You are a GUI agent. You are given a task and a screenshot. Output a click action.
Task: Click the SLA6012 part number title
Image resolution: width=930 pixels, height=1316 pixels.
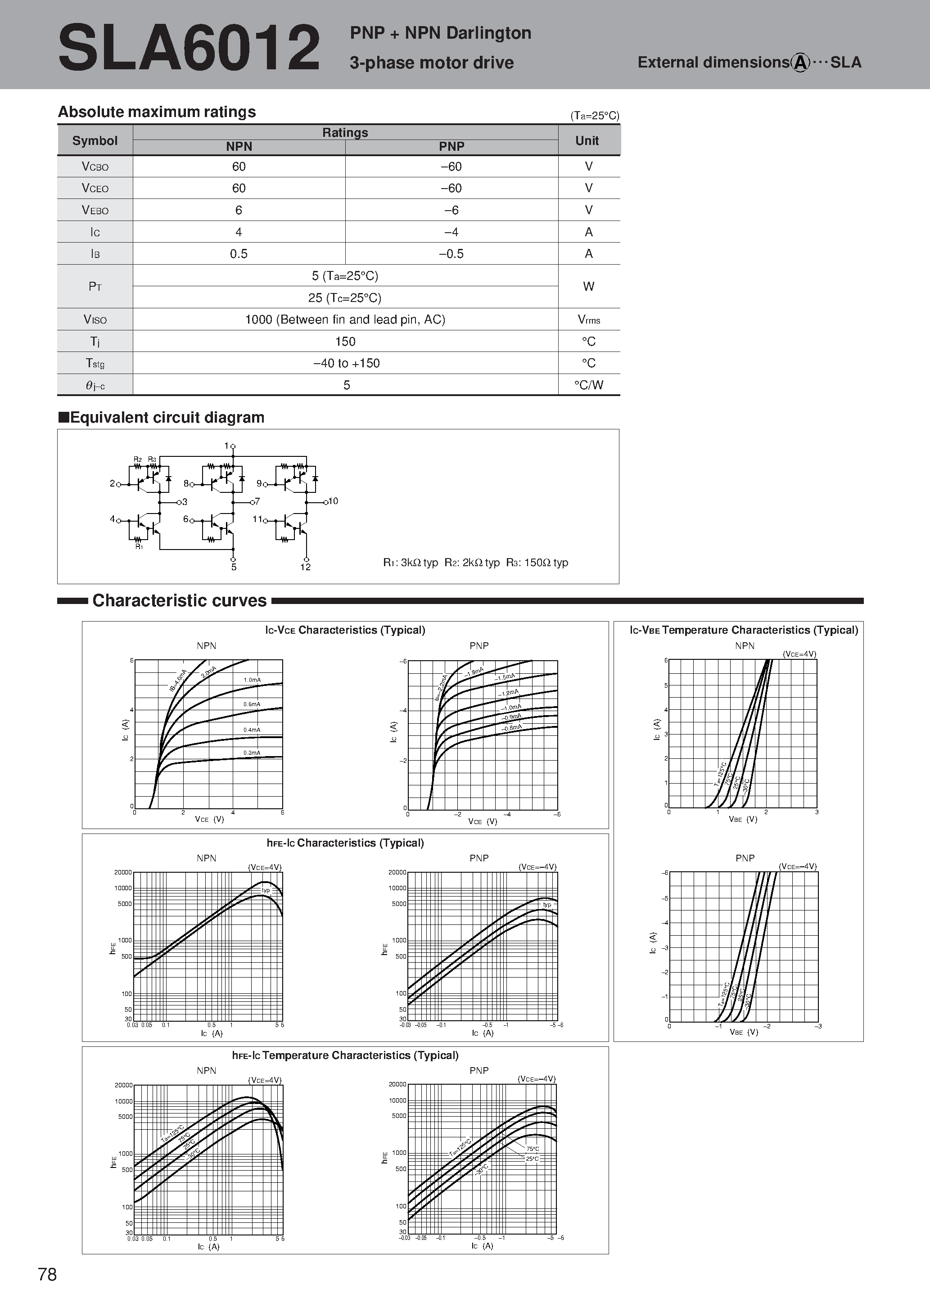coord(189,48)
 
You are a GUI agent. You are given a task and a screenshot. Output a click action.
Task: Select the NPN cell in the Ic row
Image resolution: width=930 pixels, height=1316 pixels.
coord(239,232)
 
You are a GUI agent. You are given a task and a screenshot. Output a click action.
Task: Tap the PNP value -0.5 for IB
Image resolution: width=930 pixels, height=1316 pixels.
coord(451,254)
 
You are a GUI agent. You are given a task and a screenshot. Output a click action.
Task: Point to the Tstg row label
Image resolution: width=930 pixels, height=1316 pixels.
coord(95,363)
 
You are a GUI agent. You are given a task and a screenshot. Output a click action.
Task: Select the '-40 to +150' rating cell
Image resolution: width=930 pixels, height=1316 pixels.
coord(346,363)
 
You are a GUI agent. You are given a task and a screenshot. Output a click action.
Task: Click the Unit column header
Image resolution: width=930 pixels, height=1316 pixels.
coord(587,140)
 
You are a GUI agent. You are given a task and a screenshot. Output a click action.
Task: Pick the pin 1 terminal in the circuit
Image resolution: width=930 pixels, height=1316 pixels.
coord(233,446)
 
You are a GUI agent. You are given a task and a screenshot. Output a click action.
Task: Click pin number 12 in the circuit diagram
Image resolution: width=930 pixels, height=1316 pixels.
coord(306,567)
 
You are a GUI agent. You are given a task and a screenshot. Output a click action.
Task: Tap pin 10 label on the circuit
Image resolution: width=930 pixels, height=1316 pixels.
coord(333,501)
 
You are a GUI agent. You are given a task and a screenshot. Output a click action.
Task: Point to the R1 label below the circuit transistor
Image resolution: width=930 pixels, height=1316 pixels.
coord(139,547)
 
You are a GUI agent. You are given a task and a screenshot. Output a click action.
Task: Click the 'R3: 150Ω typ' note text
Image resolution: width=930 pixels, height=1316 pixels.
coord(537,562)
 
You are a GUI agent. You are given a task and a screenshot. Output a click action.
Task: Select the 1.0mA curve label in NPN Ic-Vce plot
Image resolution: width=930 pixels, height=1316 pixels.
coord(252,680)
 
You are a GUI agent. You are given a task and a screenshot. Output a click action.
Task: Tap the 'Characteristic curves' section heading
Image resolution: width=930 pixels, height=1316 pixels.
coord(180,600)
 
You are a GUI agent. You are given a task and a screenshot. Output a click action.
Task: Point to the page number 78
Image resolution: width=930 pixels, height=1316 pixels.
coord(47,1274)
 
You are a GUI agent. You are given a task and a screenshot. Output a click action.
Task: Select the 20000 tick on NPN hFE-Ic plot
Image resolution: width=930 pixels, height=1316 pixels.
coord(123,872)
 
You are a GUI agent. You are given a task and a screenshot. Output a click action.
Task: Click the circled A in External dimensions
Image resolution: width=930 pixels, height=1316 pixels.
coord(800,63)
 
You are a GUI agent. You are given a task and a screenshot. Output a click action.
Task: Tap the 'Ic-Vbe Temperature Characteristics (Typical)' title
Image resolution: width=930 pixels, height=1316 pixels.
coord(744,630)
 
